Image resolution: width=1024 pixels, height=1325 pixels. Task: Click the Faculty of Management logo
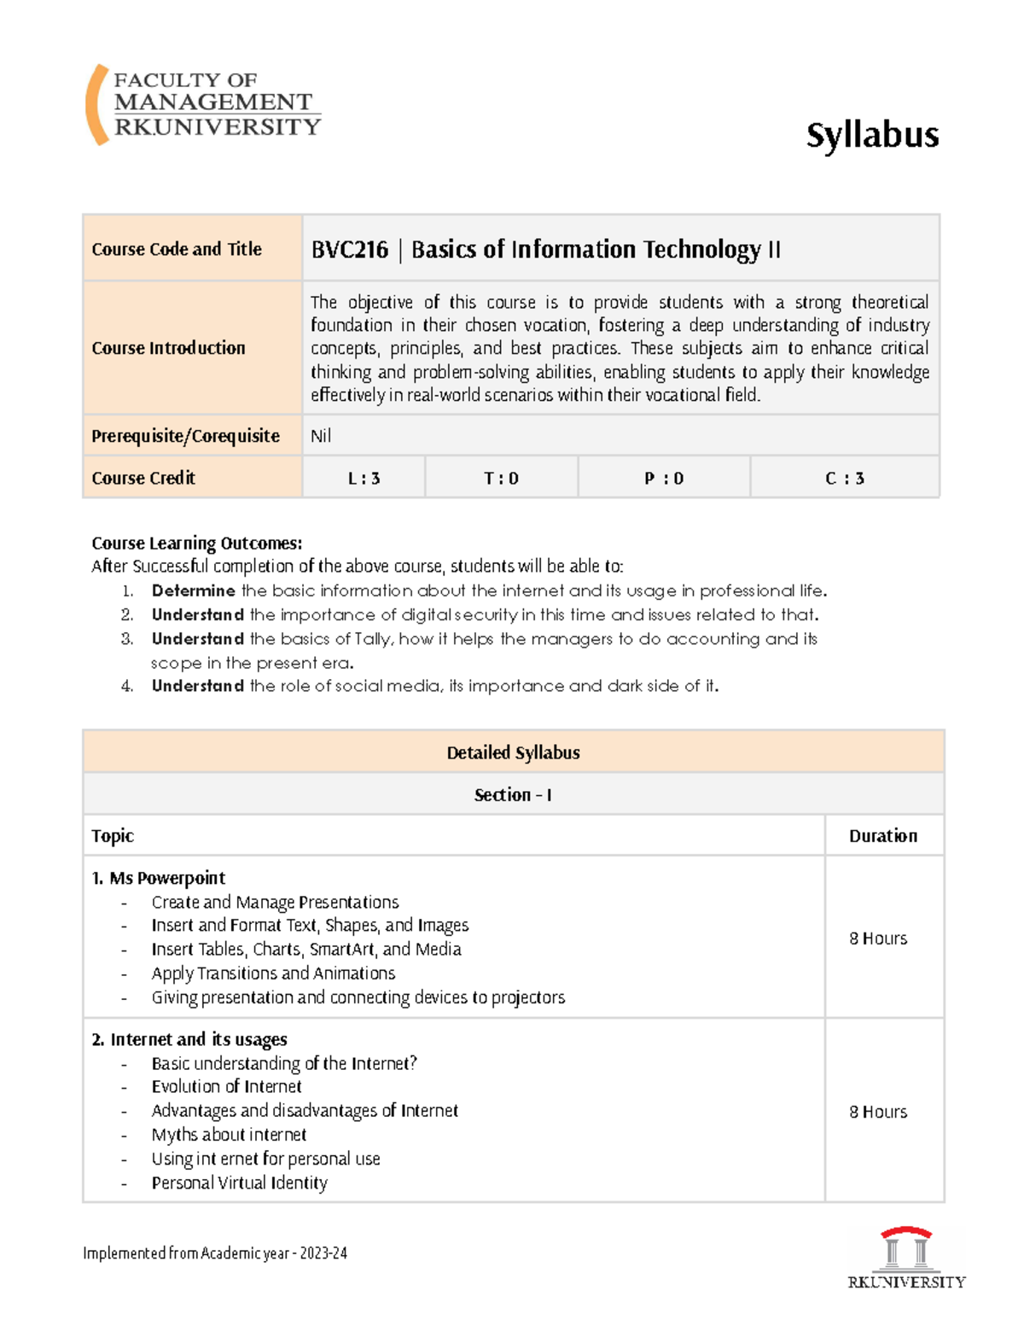click(203, 104)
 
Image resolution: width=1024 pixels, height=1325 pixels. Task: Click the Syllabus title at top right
click(872, 136)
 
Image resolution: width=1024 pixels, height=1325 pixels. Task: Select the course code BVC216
click(349, 250)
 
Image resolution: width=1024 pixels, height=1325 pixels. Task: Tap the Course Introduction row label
click(168, 348)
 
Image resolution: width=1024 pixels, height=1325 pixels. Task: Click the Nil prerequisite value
click(321, 436)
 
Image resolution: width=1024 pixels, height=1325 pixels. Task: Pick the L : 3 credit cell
click(364, 479)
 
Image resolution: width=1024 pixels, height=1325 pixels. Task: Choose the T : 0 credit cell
click(501, 479)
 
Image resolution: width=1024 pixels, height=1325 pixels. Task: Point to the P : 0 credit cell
click(664, 479)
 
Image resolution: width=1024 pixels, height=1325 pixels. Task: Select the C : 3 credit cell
click(844, 479)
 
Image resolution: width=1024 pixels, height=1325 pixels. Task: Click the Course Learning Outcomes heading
click(196, 543)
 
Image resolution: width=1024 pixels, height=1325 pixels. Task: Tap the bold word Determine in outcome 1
click(193, 590)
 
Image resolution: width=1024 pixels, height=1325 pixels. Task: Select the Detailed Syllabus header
click(513, 753)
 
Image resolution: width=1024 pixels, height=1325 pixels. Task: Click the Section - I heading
click(513, 795)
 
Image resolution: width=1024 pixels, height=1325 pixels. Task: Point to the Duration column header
click(882, 836)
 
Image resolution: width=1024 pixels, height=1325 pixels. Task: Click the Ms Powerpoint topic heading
click(159, 878)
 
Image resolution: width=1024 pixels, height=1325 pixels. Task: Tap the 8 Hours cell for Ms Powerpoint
click(877, 939)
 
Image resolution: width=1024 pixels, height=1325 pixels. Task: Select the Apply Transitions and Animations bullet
click(273, 973)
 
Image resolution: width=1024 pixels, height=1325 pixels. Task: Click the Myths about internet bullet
click(229, 1135)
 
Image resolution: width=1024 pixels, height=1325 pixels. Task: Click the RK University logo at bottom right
click(906, 1258)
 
